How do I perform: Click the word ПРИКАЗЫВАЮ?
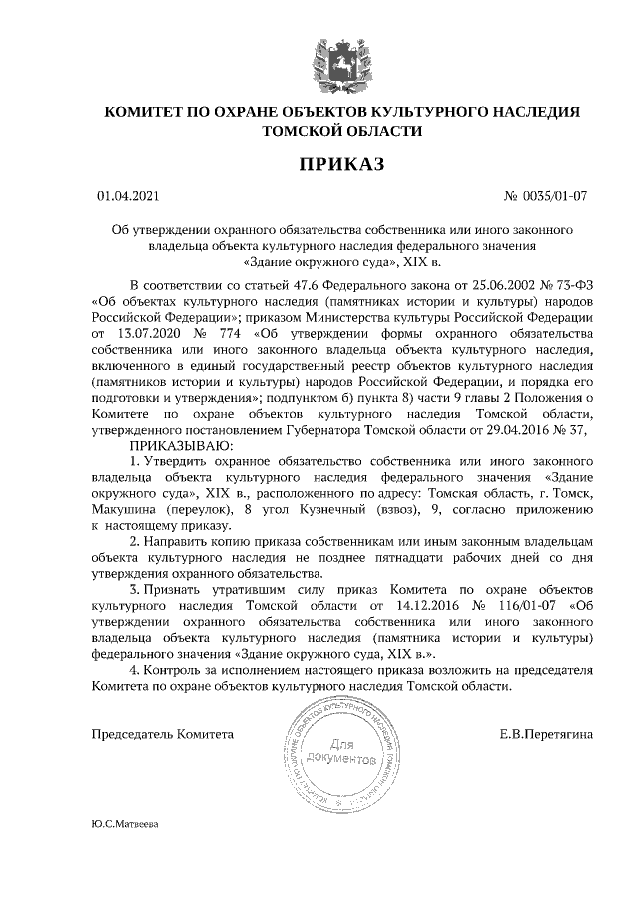tap(180, 444)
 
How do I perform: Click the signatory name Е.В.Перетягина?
tap(546, 734)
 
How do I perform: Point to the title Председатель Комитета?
tap(162, 734)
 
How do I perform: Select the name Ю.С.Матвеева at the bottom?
tap(124, 825)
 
